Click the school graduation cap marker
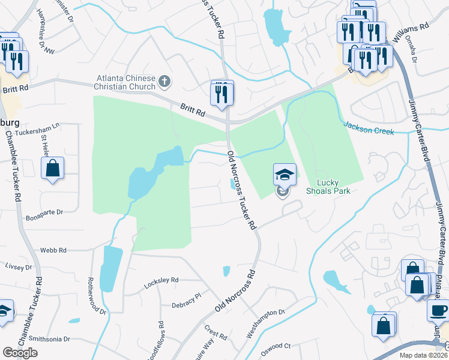pyautogui.click(x=285, y=175)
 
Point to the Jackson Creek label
pyautogui.click(x=369, y=127)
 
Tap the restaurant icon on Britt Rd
pyautogui.click(x=221, y=93)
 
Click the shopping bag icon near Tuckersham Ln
pyautogui.click(x=53, y=168)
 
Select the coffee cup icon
pyautogui.click(x=438, y=310)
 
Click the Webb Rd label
pyautogui.click(x=53, y=250)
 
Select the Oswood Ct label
pyautogui.click(x=279, y=346)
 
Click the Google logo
pyautogui.click(x=20, y=353)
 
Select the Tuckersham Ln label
pyautogui.click(x=38, y=129)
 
